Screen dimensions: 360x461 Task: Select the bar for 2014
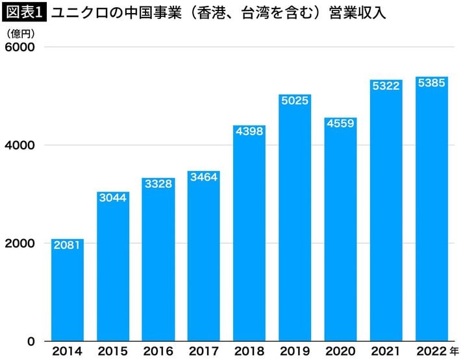(x=68, y=292)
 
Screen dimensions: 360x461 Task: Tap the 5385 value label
(x=432, y=83)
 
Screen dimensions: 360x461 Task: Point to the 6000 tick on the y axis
(x=21, y=47)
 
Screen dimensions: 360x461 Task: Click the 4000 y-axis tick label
(x=21, y=146)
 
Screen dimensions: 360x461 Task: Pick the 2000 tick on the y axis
(x=21, y=243)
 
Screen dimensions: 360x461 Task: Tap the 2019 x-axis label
(x=295, y=352)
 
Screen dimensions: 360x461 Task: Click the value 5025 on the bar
(x=295, y=101)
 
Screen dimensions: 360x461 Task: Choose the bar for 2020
(x=340, y=234)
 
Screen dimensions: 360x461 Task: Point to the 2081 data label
(x=68, y=246)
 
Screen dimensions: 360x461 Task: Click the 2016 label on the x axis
(x=158, y=352)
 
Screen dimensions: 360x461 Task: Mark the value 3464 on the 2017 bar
(x=204, y=177)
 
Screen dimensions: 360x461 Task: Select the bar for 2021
(x=386, y=214)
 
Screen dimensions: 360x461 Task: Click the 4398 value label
(x=249, y=131)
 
